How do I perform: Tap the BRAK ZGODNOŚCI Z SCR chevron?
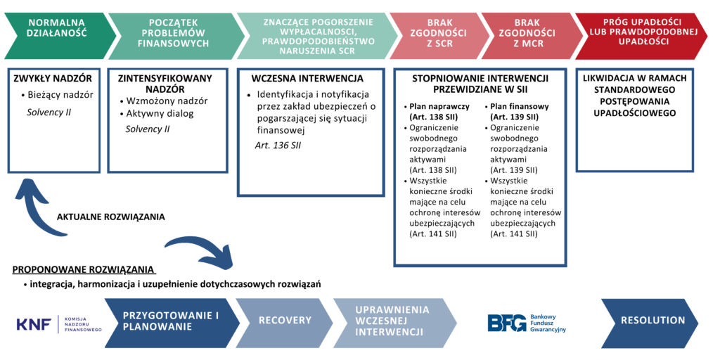pos(437,33)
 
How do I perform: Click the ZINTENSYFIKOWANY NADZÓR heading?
pos(166,84)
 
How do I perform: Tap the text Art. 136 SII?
pos(278,145)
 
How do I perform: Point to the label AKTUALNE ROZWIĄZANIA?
pos(111,217)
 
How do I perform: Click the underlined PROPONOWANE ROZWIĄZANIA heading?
pos(83,270)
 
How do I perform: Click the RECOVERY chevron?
pos(285,321)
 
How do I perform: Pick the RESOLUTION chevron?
pos(651,321)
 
